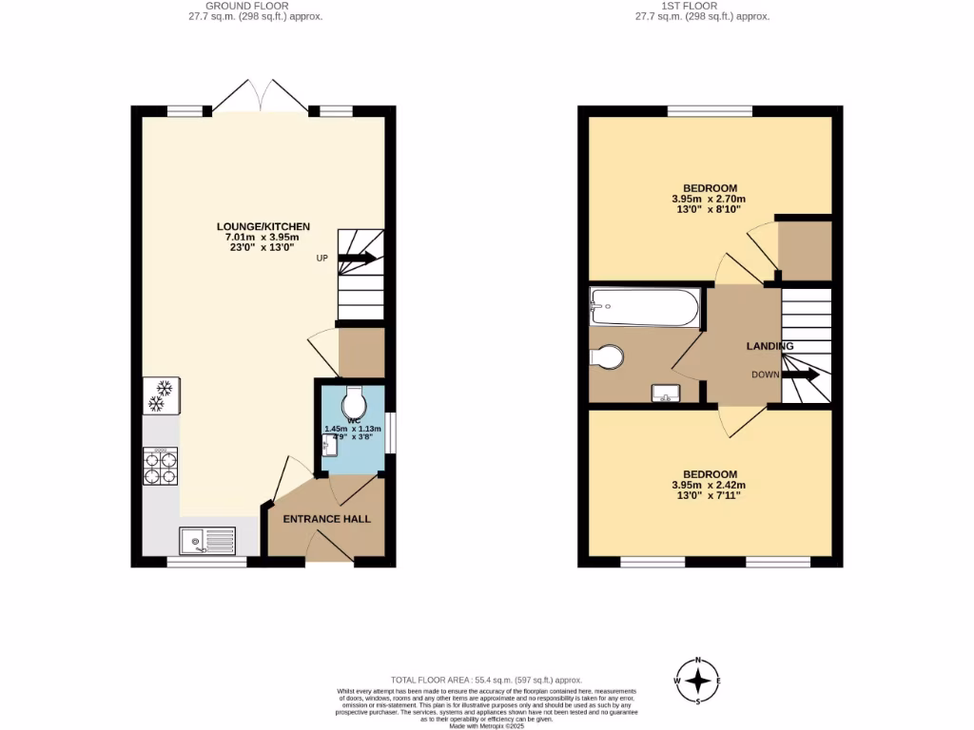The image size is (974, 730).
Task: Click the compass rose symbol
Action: (699, 681)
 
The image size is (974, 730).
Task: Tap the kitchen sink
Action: (207, 542)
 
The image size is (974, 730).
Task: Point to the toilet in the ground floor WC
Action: (352, 398)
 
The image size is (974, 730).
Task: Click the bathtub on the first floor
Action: (645, 306)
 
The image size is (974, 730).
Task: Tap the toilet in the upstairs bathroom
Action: (606, 357)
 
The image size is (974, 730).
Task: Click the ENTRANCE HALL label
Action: (326, 519)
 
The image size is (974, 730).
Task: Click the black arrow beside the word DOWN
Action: (800, 375)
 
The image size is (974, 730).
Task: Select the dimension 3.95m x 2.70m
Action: (709, 200)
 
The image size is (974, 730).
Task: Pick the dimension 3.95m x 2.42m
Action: (709, 486)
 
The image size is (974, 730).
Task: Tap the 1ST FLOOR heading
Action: (702, 6)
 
